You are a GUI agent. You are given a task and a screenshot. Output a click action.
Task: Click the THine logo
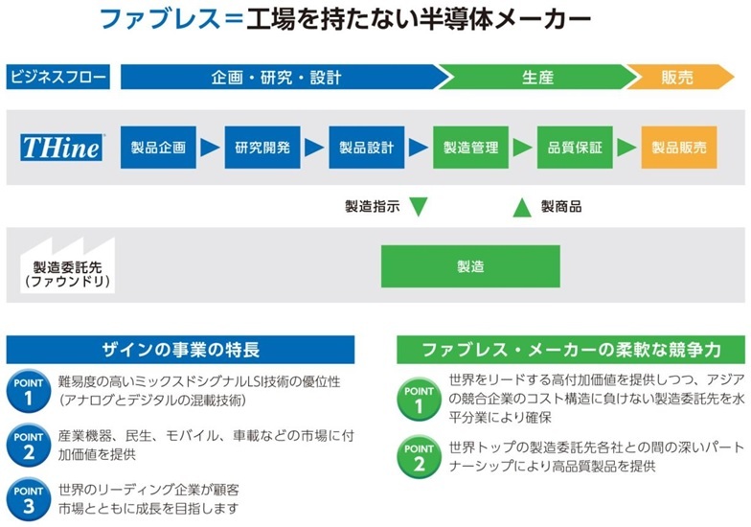61,148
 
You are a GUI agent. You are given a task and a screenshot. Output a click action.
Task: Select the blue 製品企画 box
158,148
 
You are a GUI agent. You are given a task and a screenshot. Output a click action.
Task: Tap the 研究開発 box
262,148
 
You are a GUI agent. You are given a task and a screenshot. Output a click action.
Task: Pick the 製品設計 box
366,148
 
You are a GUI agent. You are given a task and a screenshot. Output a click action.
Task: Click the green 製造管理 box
471,148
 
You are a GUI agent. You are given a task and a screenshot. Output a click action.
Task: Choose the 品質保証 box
575,148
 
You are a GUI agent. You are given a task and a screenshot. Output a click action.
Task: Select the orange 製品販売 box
679,148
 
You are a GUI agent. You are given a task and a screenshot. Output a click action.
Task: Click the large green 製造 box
470,266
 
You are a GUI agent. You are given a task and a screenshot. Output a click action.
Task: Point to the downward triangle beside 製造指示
418,207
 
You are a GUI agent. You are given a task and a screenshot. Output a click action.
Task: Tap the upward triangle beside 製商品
522,207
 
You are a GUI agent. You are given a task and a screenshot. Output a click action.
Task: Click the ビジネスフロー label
57,77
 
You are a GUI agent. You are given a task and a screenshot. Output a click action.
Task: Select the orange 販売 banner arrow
680,77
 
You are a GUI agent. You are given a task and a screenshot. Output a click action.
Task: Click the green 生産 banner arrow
537,77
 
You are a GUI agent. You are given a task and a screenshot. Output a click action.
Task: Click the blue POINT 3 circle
29,499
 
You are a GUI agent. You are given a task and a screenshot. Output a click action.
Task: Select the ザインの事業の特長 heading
180,350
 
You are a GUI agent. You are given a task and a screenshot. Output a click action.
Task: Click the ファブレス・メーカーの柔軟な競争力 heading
571,350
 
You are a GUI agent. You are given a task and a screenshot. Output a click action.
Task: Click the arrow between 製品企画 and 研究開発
209,148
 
